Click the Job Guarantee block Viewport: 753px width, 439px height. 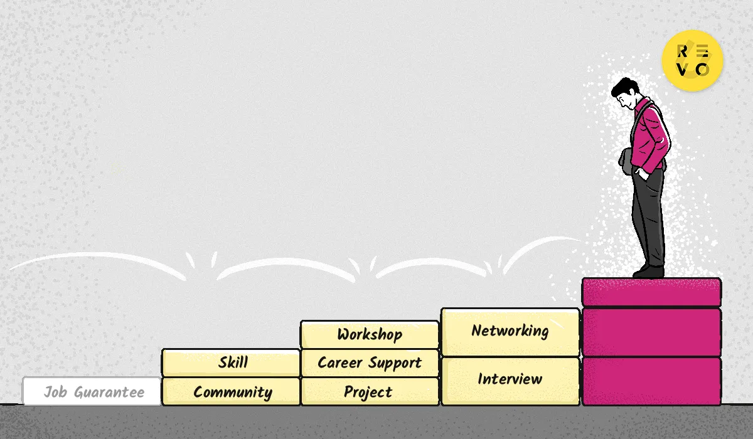point(92,391)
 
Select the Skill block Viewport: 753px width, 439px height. point(231,362)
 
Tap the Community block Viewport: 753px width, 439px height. point(231,391)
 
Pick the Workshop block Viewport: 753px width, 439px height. point(370,334)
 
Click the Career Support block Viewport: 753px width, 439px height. point(370,362)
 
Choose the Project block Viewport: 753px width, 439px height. point(370,391)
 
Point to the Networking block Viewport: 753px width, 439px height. point(510,332)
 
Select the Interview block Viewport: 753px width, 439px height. point(510,381)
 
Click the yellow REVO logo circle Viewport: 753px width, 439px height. point(692,60)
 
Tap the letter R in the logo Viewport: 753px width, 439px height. point(682,51)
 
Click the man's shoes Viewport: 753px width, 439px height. point(649,272)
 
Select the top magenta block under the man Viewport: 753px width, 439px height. point(651,292)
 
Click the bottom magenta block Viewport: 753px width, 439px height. point(651,381)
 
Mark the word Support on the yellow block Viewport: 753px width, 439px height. point(395,363)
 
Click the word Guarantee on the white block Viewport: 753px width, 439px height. point(109,393)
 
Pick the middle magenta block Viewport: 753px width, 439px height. point(651,332)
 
